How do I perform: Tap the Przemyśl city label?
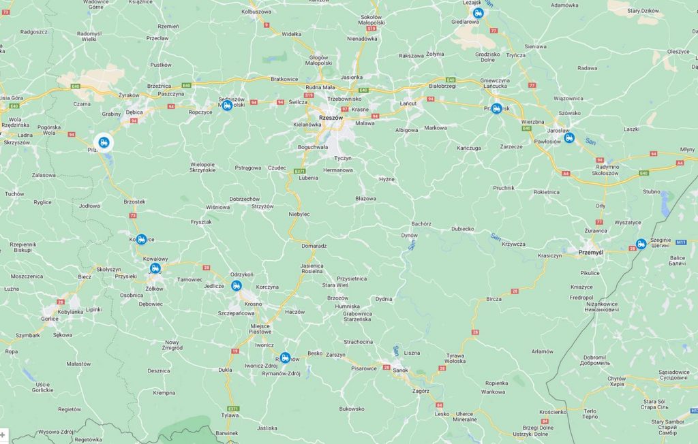click(590, 252)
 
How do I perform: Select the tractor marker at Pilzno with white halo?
click(104, 142)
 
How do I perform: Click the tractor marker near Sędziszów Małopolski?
click(227, 105)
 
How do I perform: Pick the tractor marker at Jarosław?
click(569, 138)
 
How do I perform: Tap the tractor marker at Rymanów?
click(285, 358)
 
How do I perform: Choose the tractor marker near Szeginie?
click(641, 244)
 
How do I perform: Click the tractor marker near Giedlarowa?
click(478, 12)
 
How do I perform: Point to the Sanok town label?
click(401, 370)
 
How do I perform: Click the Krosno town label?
click(253, 303)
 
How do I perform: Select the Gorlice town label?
click(50, 318)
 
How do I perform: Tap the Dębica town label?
click(134, 112)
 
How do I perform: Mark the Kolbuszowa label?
click(256, 12)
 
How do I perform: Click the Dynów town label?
click(409, 235)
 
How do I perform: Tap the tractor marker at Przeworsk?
click(497, 108)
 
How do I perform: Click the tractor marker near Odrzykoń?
click(237, 285)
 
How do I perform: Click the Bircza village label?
click(494, 299)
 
